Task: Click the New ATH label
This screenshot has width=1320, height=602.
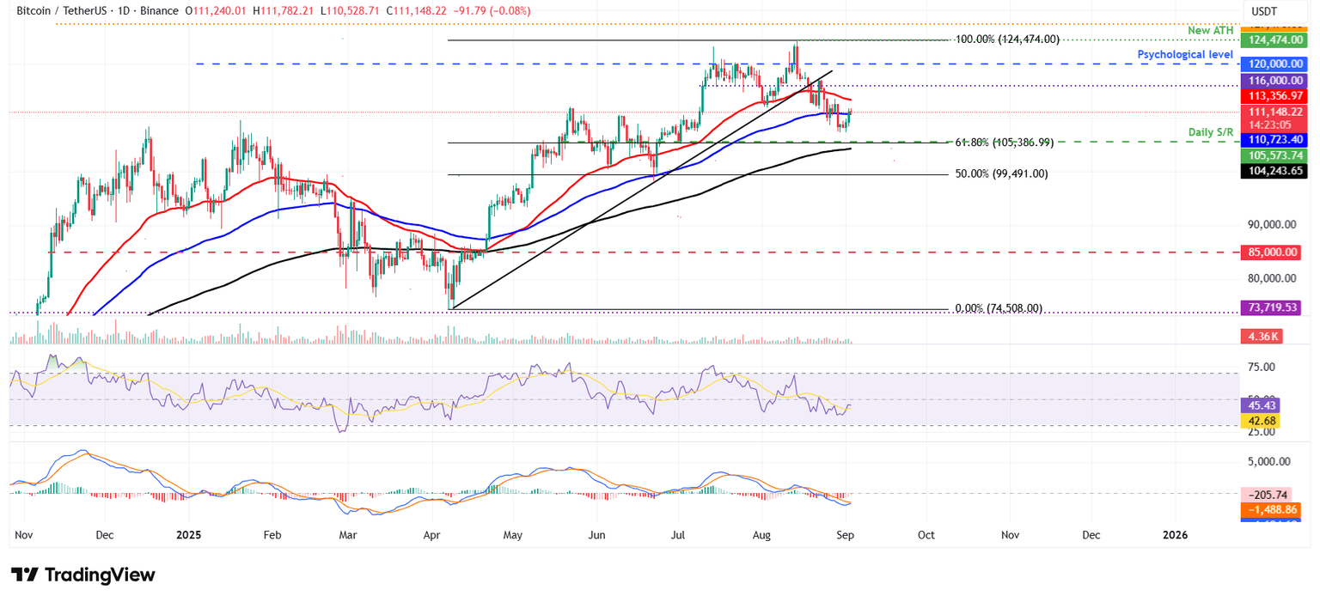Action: [1211, 31]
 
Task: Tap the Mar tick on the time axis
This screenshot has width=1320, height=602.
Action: [349, 534]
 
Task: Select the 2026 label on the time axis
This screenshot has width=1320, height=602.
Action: [1175, 534]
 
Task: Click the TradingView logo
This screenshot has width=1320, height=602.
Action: [83, 575]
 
